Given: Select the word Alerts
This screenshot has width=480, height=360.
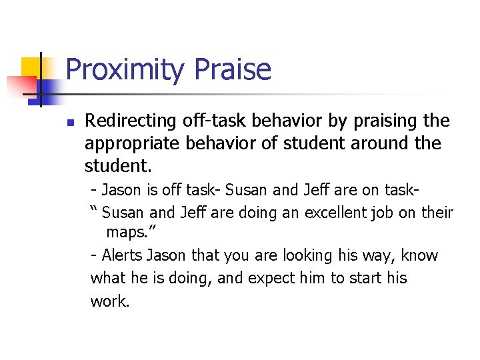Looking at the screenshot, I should point(121,256).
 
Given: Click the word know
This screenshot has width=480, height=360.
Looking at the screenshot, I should point(421,256).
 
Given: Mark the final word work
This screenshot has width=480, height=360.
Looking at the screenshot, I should point(109,301).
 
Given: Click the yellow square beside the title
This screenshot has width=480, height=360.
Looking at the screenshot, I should point(31,67).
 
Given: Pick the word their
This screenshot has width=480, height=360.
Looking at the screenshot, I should point(437,213).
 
